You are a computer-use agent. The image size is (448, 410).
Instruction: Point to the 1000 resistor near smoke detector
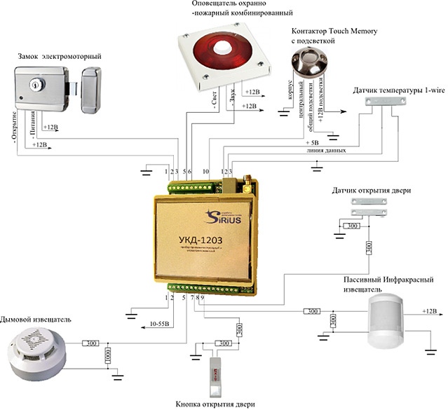[x=107, y=355]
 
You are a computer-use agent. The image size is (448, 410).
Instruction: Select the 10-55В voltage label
[x=165, y=324]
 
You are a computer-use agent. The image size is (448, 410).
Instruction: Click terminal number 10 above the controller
[x=205, y=171]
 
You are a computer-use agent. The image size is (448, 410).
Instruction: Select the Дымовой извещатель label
[x=36, y=320]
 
